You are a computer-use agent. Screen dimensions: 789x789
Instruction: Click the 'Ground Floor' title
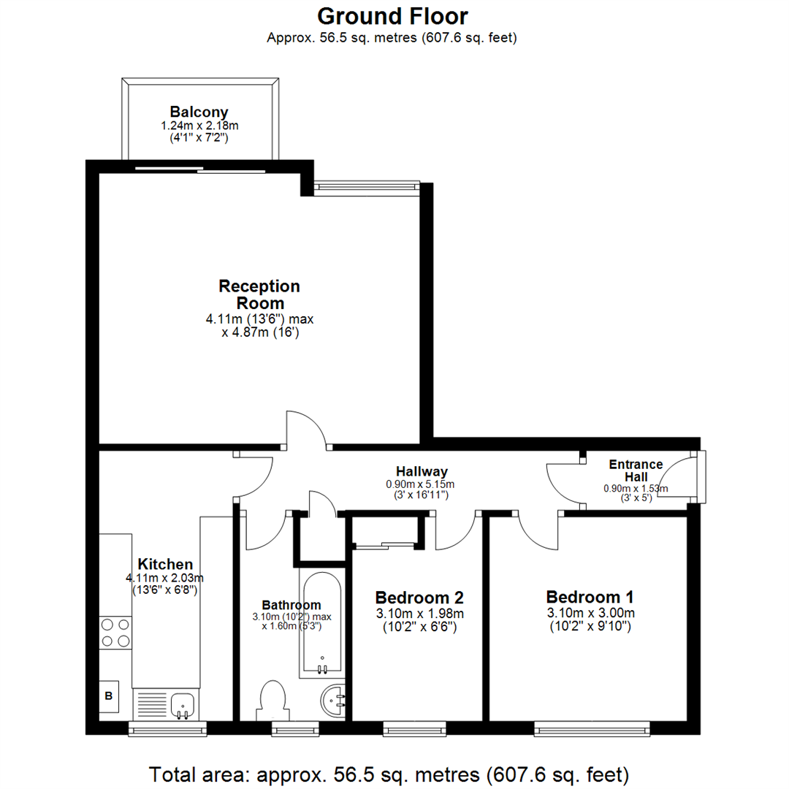392,15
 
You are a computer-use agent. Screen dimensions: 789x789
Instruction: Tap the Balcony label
199,112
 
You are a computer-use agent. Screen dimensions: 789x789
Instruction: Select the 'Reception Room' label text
259,294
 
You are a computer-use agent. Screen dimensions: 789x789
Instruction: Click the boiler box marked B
109,696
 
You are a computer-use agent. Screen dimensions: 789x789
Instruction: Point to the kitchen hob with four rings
115,633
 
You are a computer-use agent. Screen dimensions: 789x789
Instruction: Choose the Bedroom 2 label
419,595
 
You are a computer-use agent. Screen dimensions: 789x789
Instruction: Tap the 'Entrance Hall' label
636,470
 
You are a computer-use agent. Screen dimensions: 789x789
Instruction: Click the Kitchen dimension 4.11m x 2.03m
166,578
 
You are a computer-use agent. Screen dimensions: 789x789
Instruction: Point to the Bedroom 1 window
592,727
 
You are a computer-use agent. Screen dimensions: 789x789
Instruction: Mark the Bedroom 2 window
414,727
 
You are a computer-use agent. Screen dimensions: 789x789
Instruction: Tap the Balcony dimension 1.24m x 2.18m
199,126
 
